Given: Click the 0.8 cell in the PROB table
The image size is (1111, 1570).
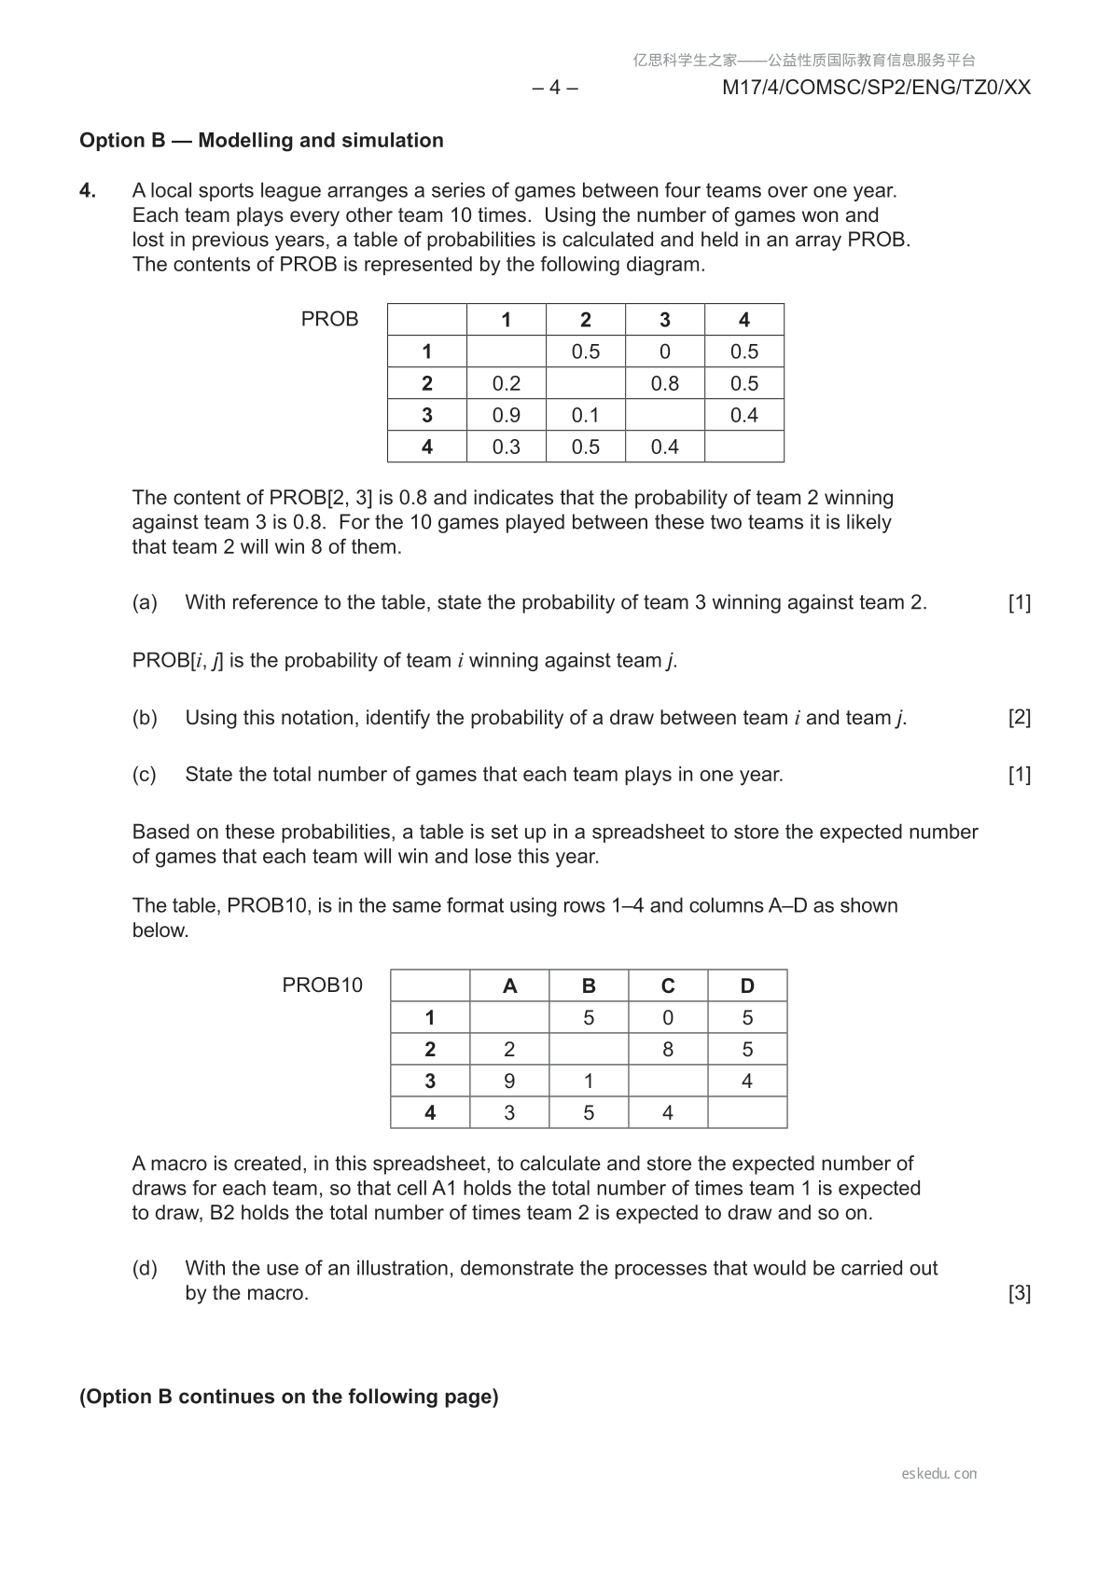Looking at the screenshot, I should click(664, 383).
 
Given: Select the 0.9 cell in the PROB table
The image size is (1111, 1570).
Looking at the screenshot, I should click(506, 415).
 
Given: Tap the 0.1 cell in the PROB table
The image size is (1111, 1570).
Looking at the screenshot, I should click(585, 415).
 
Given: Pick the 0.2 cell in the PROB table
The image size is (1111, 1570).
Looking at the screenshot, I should click(506, 383).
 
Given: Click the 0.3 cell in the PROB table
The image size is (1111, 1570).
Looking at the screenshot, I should click(506, 447).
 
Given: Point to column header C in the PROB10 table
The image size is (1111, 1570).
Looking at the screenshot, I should click(668, 986).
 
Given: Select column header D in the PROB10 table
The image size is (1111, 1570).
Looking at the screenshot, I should click(747, 986).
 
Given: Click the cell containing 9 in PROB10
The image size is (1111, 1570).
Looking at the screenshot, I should click(509, 1081).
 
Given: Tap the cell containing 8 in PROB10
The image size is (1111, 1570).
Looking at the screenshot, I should click(668, 1050).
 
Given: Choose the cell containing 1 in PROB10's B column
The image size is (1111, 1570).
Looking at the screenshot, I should click(589, 1081).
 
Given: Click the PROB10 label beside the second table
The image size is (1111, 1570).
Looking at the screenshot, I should click(322, 985).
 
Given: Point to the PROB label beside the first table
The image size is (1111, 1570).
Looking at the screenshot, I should click(329, 319).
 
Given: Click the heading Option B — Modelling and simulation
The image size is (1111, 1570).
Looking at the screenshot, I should click(261, 141).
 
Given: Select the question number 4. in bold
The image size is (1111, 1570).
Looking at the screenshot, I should click(88, 191).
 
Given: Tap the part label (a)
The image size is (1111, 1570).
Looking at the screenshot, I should click(145, 602).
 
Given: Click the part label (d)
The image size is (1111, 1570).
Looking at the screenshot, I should click(145, 1268).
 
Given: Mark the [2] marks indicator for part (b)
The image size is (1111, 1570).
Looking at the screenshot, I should click(1020, 718).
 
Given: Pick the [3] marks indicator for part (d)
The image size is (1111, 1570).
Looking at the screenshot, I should click(1020, 1293).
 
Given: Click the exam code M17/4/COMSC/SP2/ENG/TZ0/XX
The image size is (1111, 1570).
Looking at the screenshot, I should click(876, 88).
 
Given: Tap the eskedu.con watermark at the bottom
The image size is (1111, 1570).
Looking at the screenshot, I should click(939, 1474).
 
